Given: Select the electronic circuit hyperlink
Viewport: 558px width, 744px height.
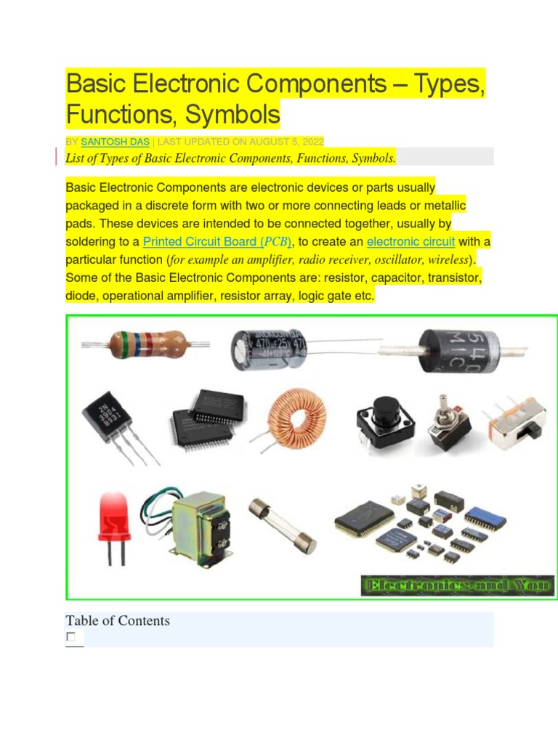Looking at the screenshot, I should [x=411, y=242].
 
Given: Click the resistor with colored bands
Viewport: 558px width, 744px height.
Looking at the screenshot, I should [x=145, y=343].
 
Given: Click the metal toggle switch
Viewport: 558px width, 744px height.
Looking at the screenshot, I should [x=444, y=424].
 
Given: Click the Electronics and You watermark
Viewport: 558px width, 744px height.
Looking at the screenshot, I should [x=457, y=585].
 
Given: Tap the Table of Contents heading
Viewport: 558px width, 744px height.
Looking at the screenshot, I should [x=118, y=620].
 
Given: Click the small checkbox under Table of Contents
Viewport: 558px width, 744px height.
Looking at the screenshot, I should [x=71, y=637].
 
